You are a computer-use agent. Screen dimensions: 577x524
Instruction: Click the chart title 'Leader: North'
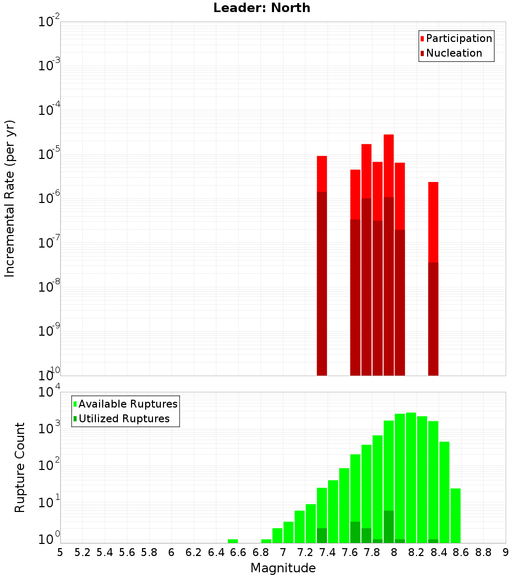(x=261, y=8)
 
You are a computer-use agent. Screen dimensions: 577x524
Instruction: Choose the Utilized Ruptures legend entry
(x=124, y=419)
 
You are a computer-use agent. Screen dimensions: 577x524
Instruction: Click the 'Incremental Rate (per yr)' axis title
(x=9, y=199)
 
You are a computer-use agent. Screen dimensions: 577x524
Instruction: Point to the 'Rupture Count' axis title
(x=19, y=467)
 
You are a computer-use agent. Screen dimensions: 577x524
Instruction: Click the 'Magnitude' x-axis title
(x=283, y=568)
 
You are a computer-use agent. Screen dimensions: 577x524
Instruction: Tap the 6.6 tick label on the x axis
(x=238, y=552)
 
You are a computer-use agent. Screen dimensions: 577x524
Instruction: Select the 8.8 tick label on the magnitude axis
(x=483, y=552)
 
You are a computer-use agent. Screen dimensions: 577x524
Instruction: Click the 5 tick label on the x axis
(x=60, y=552)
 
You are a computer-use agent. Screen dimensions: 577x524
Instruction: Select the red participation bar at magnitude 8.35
(x=433, y=220)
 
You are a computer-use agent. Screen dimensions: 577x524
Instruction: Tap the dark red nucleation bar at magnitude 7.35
(x=322, y=283)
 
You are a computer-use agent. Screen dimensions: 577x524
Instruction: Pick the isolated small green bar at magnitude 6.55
(x=233, y=541)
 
